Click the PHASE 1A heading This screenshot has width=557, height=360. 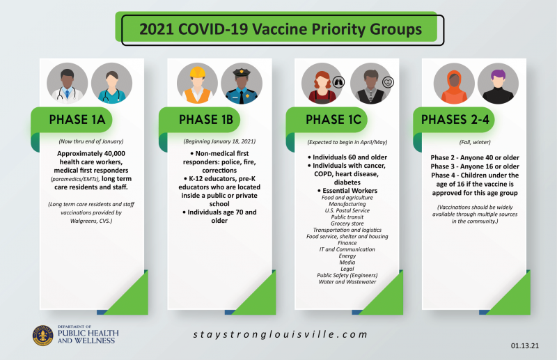(x=77, y=120)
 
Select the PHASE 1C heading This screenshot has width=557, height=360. (x=334, y=120)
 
